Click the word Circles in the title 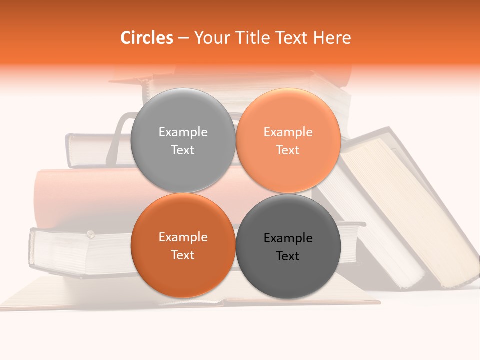(x=146, y=38)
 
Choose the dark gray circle (x=288, y=272)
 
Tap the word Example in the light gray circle (x=183, y=132)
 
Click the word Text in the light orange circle (x=288, y=150)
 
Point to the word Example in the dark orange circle (x=183, y=237)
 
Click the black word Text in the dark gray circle (x=288, y=256)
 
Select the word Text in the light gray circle (x=183, y=150)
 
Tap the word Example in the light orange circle (x=288, y=132)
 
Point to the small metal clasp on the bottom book (x=90, y=233)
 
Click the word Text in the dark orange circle (x=183, y=255)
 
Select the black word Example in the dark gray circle (x=288, y=238)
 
